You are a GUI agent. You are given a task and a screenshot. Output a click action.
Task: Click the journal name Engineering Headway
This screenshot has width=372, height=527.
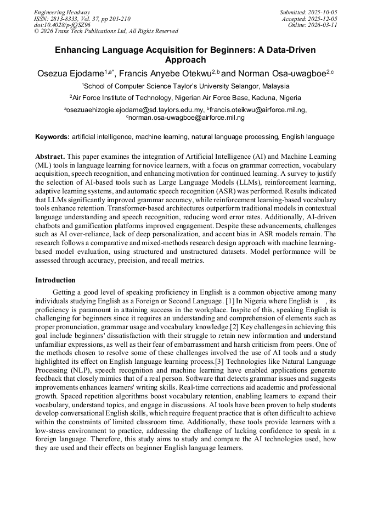[x=62, y=12]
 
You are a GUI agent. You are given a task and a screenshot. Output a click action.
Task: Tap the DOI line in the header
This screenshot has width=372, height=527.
[x=62, y=25]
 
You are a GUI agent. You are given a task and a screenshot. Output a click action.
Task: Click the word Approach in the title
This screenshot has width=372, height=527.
[x=185, y=60]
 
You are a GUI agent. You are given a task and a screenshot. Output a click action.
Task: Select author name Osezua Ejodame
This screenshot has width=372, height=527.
[x=70, y=73]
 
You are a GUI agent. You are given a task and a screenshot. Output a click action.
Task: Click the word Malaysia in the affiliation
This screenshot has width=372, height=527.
[x=272, y=86]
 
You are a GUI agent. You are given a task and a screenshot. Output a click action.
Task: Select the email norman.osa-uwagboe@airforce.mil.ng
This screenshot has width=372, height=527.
[x=187, y=117]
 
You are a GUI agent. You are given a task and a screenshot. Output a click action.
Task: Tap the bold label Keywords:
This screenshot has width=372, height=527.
[x=52, y=136]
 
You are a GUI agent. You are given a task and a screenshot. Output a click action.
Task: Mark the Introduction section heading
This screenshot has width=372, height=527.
[x=55, y=280]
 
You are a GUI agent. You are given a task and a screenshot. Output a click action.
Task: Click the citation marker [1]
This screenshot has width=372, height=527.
[x=230, y=301]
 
